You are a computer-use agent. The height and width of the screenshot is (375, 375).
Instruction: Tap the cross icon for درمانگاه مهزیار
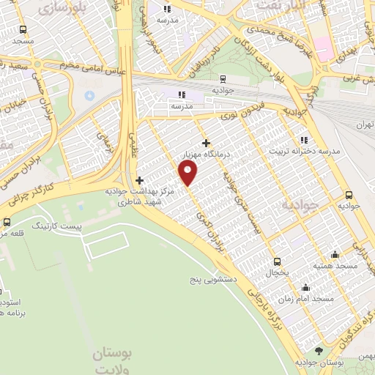click(207, 144)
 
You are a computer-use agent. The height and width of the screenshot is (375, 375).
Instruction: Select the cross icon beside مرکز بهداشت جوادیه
click(139, 179)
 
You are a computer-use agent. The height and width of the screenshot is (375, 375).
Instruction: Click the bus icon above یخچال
click(277, 261)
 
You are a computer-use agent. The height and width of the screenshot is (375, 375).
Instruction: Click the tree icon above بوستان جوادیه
click(318, 352)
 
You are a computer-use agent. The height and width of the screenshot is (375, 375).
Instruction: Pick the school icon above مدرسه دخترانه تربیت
click(304, 140)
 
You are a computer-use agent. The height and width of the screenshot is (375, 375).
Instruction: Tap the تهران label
click(364, 125)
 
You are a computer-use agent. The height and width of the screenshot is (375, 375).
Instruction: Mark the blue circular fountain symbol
click(89, 95)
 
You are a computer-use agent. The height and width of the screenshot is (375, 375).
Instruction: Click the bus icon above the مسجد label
click(23, 30)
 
